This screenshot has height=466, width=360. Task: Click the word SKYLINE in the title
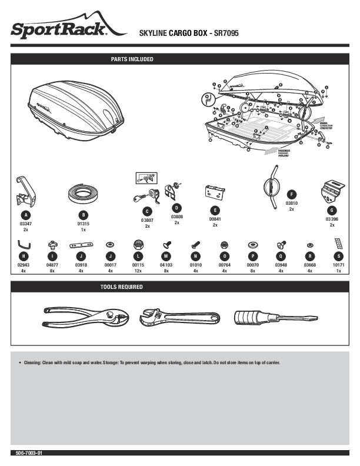152,34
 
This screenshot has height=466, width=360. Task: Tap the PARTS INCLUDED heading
132,59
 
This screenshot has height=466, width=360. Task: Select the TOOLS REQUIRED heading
122,287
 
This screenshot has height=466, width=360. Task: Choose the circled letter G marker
332,210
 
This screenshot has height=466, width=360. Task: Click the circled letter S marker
338,256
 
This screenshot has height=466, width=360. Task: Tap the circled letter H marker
23,256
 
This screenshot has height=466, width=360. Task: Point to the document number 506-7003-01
30,454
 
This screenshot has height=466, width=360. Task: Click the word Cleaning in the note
33,362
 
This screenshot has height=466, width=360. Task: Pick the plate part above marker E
215,191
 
